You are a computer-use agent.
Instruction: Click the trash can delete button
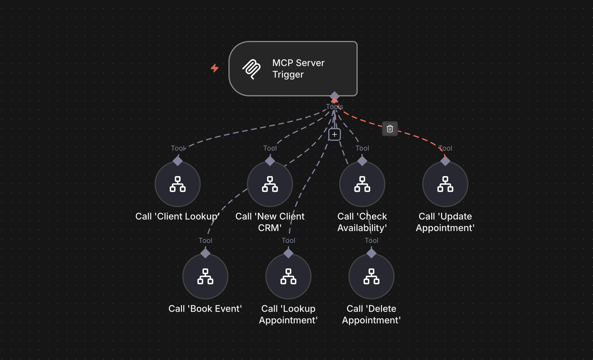[x=390, y=129]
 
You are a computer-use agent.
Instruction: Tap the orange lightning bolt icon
[x=214, y=68]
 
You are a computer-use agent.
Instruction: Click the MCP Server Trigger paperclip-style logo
[x=252, y=69]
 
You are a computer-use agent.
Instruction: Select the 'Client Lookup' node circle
[x=178, y=184]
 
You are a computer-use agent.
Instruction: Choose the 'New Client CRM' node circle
[x=270, y=184]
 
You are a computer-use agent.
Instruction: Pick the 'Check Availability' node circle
[x=362, y=184]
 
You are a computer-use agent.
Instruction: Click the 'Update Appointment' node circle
[x=445, y=184]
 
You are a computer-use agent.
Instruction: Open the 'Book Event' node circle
[x=205, y=276]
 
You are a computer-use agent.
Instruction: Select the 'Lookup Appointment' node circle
[x=288, y=276]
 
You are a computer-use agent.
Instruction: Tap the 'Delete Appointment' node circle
[x=371, y=276]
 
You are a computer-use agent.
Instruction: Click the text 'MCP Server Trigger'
[x=298, y=69]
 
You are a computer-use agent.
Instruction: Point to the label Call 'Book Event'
[x=205, y=309]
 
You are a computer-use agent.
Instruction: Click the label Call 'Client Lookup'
[x=177, y=216]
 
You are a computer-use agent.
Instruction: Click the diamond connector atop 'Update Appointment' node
[x=445, y=161]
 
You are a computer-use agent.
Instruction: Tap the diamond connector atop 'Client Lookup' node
[x=178, y=161]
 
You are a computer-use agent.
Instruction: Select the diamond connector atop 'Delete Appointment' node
[x=371, y=253]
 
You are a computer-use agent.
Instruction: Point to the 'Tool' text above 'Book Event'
[x=205, y=240]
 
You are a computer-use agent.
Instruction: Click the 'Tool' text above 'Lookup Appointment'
[x=288, y=240]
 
